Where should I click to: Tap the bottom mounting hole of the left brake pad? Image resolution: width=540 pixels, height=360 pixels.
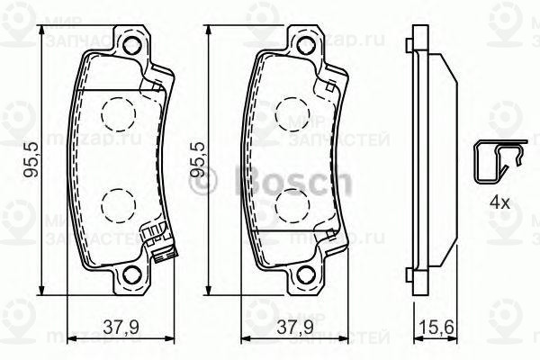point(132,276)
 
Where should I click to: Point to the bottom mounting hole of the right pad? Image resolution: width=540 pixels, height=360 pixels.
point(306,276)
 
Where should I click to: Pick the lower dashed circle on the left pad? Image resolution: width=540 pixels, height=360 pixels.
point(115,205)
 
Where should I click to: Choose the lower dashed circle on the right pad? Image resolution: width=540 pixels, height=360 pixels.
point(290,205)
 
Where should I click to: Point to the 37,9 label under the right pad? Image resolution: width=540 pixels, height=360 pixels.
point(287,328)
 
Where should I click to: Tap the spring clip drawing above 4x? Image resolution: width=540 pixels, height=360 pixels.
point(497,162)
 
